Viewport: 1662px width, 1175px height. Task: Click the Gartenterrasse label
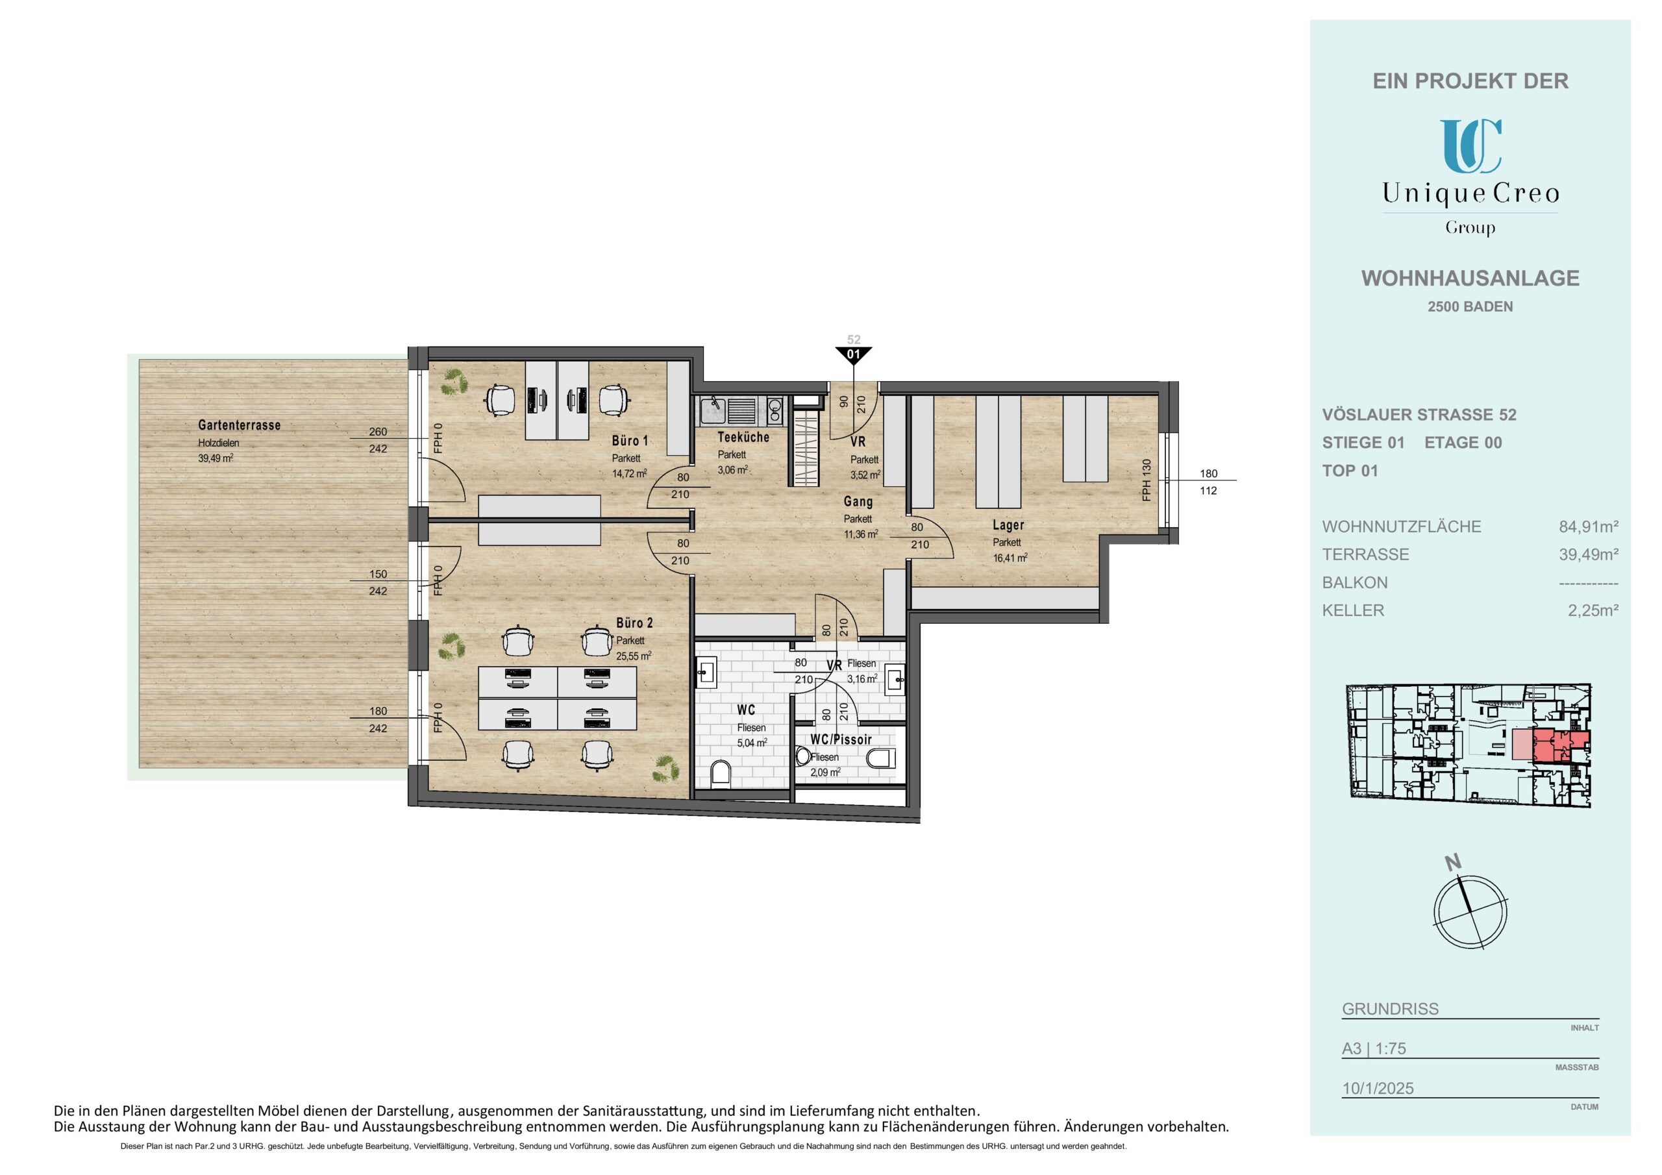point(239,425)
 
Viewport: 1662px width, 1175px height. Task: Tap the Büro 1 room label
point(630,440)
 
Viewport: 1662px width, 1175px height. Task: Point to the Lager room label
point(1008,525)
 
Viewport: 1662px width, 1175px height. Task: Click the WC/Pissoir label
point(840,739)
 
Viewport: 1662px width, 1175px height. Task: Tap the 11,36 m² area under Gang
point(861,534)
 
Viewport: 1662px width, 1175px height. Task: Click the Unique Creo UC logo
point(1470,147)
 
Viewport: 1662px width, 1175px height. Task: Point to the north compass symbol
point(1469,910)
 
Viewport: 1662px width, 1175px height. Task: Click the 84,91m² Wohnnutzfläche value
point(1588,526)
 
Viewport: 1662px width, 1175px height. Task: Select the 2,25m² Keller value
point(1593,610)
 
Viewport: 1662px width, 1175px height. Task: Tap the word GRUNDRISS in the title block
point(1390,1008)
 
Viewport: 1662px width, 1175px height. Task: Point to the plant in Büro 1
point(454,382)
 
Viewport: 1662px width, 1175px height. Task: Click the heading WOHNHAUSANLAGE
point(1470,278)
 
